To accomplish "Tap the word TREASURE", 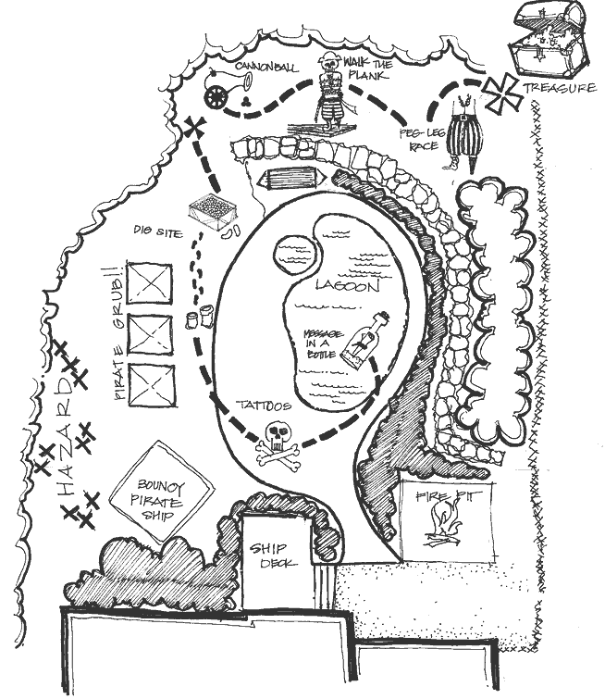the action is (560, 88).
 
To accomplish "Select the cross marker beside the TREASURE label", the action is (503, 94).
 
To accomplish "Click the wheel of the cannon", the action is (217, 97).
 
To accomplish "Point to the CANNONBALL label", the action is (266, 68).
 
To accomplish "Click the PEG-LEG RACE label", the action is (419, 139).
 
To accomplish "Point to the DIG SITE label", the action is (158, 231).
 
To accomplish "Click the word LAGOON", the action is (348, 285).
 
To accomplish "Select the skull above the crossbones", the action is (277, 437).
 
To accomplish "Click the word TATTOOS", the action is (265, 406).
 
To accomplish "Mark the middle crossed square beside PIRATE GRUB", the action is (150, 334).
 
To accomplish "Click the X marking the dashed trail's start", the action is (195, 130).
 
